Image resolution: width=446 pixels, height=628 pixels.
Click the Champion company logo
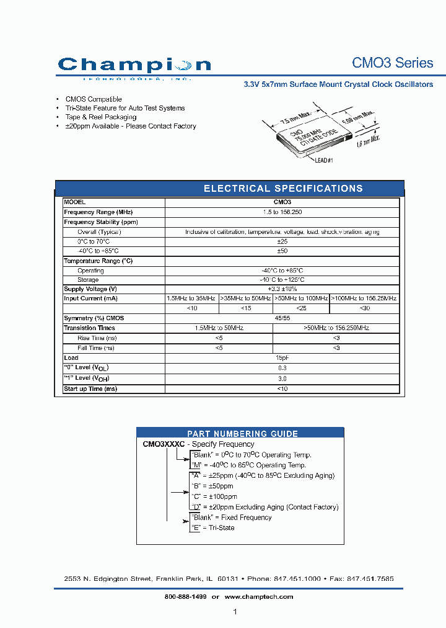pyautogui.click(x=134, y=66)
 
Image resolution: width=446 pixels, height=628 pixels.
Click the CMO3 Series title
pyautogui.click(x=392, y=63)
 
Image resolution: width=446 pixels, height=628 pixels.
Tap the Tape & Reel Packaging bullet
pyautogui.click(x=100, y=117)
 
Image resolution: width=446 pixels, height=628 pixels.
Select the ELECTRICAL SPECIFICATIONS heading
pyautogui.click(x=283, y=189)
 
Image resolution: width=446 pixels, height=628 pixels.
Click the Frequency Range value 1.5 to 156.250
pyautogui.click(x=282, y=212)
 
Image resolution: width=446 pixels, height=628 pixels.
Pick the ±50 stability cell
pyautogui.click(x=282, y=251)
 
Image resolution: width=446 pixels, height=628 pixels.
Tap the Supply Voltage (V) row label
pyautogui.click(x=90, y=289)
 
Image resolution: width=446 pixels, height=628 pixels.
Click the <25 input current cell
pyautogui.click(x=301, y=308)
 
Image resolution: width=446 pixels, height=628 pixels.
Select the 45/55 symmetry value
pyautogui.click(x=282, y=318)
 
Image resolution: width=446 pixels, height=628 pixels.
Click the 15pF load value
pyautogui.click(x=282, y=358)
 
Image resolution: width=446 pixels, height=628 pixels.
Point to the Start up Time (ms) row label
pyautogui.click(x=90, y=389)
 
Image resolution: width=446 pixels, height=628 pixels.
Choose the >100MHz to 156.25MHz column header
pyautogui.click(x=364, y=298)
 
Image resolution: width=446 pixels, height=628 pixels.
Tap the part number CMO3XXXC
pyautogui.click(x=163, y=444)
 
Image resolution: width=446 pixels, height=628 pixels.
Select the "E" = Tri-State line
pyautogui.click(x=212, y=528)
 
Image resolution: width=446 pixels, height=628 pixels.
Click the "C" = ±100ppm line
pyautogui.click(x=214, y=496)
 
